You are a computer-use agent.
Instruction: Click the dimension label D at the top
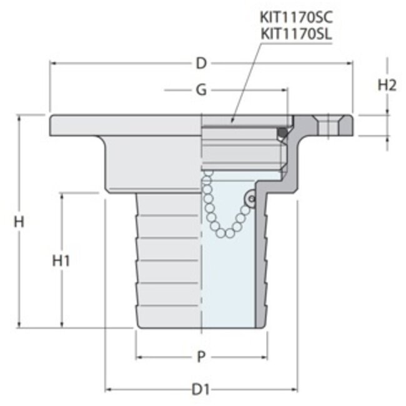201,63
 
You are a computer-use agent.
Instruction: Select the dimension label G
201,90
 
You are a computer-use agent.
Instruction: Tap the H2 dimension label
387,86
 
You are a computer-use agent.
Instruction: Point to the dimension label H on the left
20,220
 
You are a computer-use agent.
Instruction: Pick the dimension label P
201,357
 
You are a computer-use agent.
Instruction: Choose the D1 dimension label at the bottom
201,390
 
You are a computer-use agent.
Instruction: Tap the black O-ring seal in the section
282,132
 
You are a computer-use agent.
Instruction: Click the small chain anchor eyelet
251,199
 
